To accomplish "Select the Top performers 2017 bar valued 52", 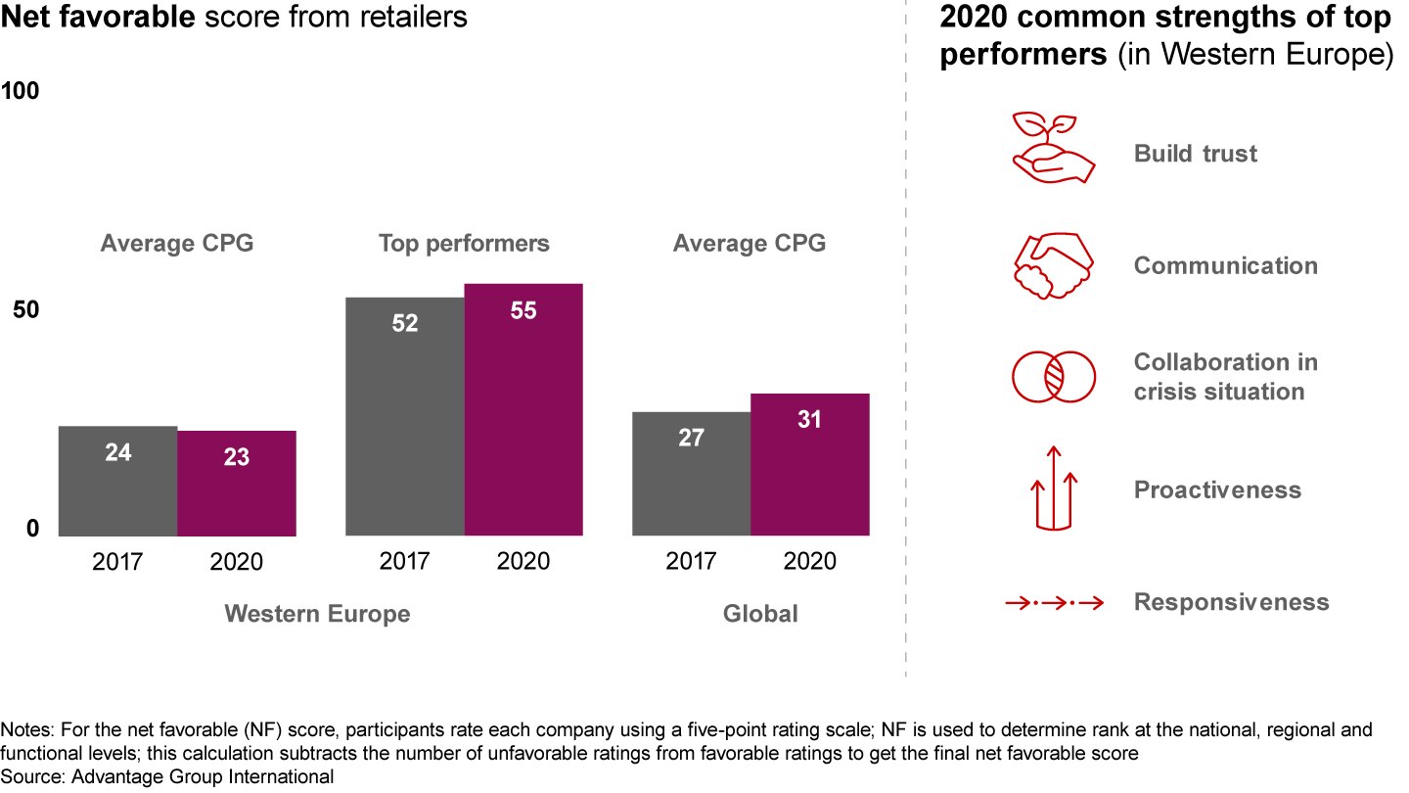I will (405, 416).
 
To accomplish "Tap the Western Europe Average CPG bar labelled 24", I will (118, 481).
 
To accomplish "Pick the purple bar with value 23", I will (237, 483).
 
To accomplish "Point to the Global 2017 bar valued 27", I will (691, 474).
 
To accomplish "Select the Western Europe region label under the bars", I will (317, 614).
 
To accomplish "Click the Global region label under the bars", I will (760, 614).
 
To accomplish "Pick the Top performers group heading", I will (464, 243).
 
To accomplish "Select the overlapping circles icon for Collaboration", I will (1053, 377).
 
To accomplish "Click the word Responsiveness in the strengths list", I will (1231, 602).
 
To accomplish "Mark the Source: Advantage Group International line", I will (167, 777).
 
